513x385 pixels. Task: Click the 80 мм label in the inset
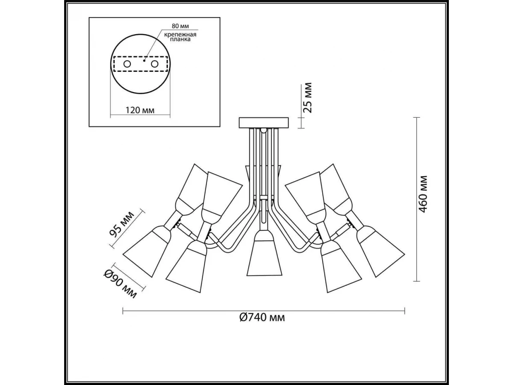[180, 26]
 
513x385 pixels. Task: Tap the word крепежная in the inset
[180, 35]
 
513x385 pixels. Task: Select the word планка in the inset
[180, 39]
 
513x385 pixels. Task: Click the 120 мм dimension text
[140, 110]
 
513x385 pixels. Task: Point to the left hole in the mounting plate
[127, 64]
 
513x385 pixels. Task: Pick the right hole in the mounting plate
[154, 64]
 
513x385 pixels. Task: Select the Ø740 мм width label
[262, 317]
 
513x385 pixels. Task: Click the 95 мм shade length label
[122, 224]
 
